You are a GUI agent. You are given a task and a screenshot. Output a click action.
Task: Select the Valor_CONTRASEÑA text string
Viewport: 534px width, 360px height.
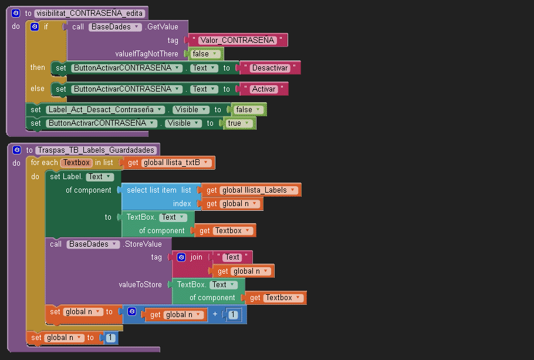[x=236, y=41]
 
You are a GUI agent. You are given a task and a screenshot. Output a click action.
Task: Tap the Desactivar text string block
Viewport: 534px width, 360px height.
[x=270, y=68]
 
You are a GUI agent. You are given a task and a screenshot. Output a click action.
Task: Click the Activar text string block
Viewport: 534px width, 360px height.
[x=263, y=89]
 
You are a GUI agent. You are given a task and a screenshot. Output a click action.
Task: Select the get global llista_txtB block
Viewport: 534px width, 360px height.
[x=170, y=163]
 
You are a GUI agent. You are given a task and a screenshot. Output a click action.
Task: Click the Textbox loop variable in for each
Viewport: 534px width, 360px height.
[x=77, y=163]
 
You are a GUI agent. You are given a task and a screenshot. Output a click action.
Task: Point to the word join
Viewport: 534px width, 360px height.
[x=196, y=257]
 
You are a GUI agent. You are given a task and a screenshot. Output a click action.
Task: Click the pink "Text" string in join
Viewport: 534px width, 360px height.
[x=232, y=257]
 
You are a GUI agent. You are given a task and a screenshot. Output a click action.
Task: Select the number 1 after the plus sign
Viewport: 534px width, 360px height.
[x=234, y=315]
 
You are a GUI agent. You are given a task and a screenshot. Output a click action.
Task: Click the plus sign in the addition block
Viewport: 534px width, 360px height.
[x=215, y=315]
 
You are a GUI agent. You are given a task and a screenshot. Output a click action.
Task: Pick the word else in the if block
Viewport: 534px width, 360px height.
[x=38, y=89]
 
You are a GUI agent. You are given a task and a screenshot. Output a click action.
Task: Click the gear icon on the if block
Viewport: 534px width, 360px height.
[x=35, y=27]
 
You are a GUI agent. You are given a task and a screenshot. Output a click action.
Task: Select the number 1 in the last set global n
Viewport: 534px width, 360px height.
[x=110, y=338]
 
